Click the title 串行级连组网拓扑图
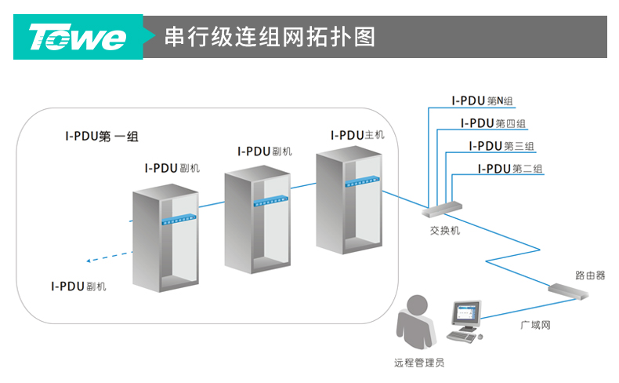coord(270,37)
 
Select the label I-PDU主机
coord(357,135)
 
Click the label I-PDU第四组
coord(493,123)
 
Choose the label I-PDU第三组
coord(501,146)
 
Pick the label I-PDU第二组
coord(510,169)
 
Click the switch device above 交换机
coord(442,208)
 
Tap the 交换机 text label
coord(445,232)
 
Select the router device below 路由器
coord(569,290)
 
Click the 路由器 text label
coord(589,275)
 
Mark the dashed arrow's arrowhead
coord(89,262)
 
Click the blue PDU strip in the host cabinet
coord(363,181)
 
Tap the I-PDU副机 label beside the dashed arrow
coord(78,286)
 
